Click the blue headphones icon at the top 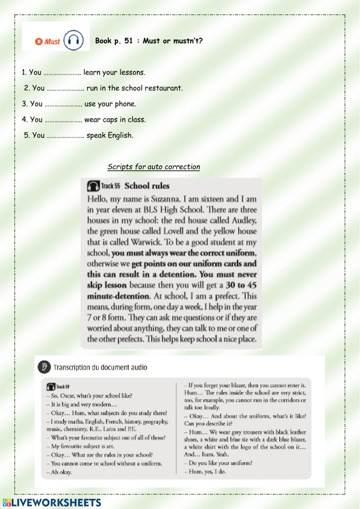[74, 40]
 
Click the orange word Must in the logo [52, 41]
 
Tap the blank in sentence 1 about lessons [62, 73]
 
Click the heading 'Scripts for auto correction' [154, 167]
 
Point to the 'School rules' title [147, 186]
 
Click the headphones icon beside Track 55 [93, 186]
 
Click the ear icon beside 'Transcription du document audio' [44, 367]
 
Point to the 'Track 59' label [63, 387]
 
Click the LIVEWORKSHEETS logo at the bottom [52, 503]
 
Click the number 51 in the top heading [129, 41]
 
